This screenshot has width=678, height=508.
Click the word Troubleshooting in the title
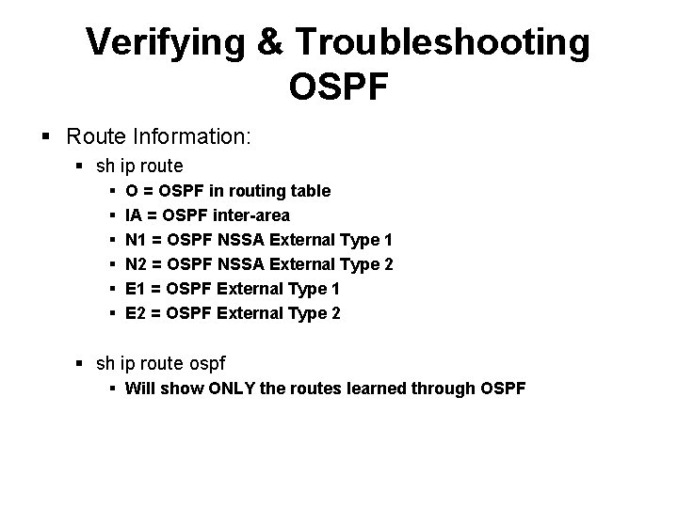[x=443, y=42]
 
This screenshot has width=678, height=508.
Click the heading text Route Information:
[x=158, y=136]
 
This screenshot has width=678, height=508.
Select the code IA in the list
[x=133, y=215]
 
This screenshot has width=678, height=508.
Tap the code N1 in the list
[x=136, y=240]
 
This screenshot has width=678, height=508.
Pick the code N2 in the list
[x=136, y=264]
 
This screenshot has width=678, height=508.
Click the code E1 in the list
[x=135, y=289]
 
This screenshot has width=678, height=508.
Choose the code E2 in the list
[x=135, y=313]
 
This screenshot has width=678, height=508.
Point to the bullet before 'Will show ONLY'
[x=112, y=387]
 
